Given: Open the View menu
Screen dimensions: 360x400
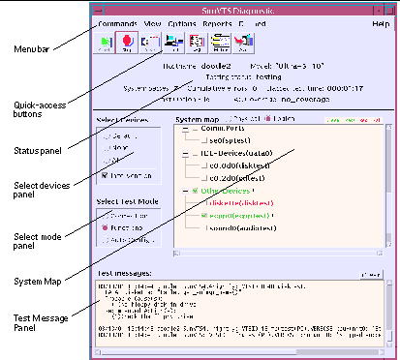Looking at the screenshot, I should pyautogui.click(x=153, y=21).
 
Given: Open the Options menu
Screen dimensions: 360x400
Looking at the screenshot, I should pyautogui.click(x=182, y=21).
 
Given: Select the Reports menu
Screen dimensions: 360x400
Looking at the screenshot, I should pyautogui.click(x=218, y=21).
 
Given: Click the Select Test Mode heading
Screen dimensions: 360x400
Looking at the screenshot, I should pyautogui.click(x=127, y=201).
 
